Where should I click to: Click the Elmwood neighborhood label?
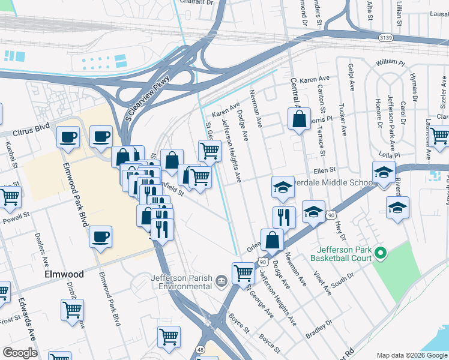coord(64,274)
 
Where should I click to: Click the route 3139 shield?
coord(387,38)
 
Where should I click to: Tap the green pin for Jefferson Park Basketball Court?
coord(379,254)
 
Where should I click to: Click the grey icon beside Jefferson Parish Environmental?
coord(221,280)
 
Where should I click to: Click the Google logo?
coord(20,353)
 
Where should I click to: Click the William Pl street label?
coord(390,62)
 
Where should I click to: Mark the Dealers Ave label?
coord(42,249)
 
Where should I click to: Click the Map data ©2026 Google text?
coord(411,355)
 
